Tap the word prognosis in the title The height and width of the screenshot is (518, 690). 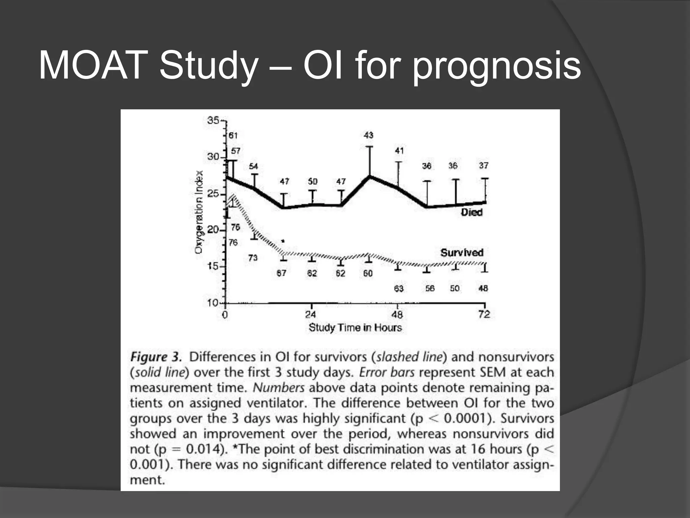coord(497,66)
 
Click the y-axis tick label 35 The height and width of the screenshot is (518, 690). coord(213,120)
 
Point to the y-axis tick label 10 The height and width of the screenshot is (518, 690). coord(213,303)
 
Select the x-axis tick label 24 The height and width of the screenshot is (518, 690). coord(311,315)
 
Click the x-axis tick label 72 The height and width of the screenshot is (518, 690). coord(484,315)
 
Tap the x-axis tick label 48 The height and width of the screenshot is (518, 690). coord(397,315)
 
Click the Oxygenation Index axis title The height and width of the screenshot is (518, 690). coord(199,212)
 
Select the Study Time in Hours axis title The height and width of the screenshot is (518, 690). coord(355,327)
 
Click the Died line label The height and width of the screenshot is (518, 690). coord(472,212)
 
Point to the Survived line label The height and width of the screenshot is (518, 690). coord(462,253)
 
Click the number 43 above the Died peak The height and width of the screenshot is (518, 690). coord(368,135)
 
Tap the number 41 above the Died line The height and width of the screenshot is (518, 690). coord(399,151)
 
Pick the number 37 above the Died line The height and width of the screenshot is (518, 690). coord(484,166)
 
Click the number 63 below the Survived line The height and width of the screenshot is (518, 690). coord(399,289)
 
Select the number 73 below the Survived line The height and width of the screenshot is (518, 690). coord(253,258)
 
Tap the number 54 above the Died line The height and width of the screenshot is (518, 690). coord(253,166)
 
